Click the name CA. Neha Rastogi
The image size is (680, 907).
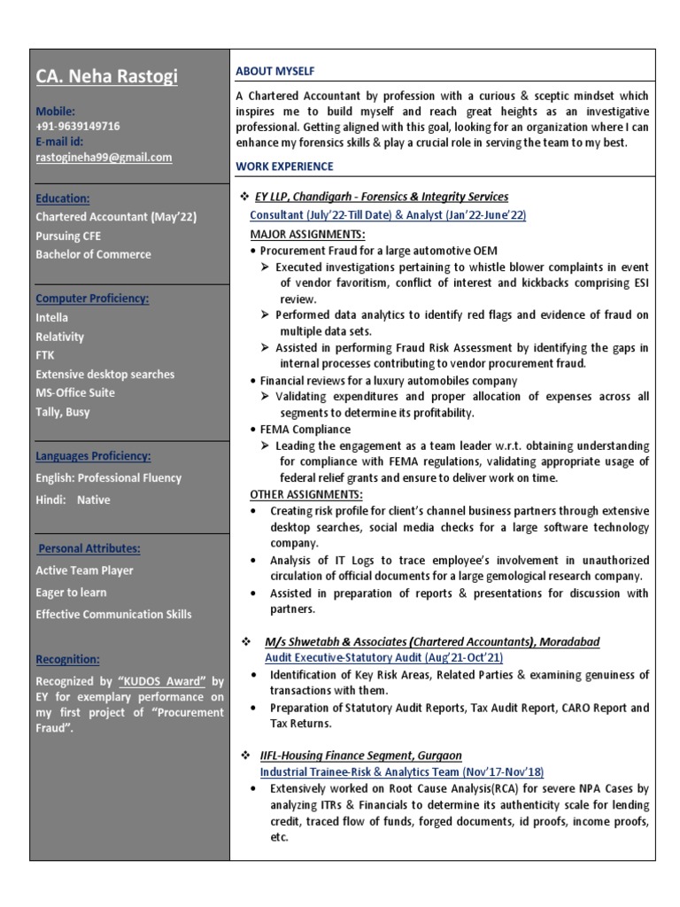pyautogui.click(x=106, y=77)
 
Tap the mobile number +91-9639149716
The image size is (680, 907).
pyautogui.click(x=78, y=127)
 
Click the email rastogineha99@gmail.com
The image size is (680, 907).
pyautogui.click(x=104, y=158)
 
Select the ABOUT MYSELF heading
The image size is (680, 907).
pyautogui.click(x=274, y=71)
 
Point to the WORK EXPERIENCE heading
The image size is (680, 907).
pyautogui.click(x=284, y=166)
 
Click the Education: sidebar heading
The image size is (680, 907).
pyautogui.click(x=62, y=198)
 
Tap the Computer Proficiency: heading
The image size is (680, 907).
pyautogui.click(x=92, y=298)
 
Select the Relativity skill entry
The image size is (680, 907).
pyautogui.click(x=60, y=337)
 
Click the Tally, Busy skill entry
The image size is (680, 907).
pyautogui.click(x=63, y=412)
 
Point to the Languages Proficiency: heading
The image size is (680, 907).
pyautogui.click(x=93, y=456)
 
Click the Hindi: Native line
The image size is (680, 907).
pyautogui.click(x=73, y=500)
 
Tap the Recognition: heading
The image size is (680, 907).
pyautogui.click(x=68, y=660)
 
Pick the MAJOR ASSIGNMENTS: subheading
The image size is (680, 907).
pyautogui.click(x=307, y=235)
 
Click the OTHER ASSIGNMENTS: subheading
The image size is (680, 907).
pyautogui.click(x=306, y=494)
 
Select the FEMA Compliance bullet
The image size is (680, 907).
pyautogui.click(x=306, y=430)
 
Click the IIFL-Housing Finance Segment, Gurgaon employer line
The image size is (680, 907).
pyautogui.click(x=360, y=756)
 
